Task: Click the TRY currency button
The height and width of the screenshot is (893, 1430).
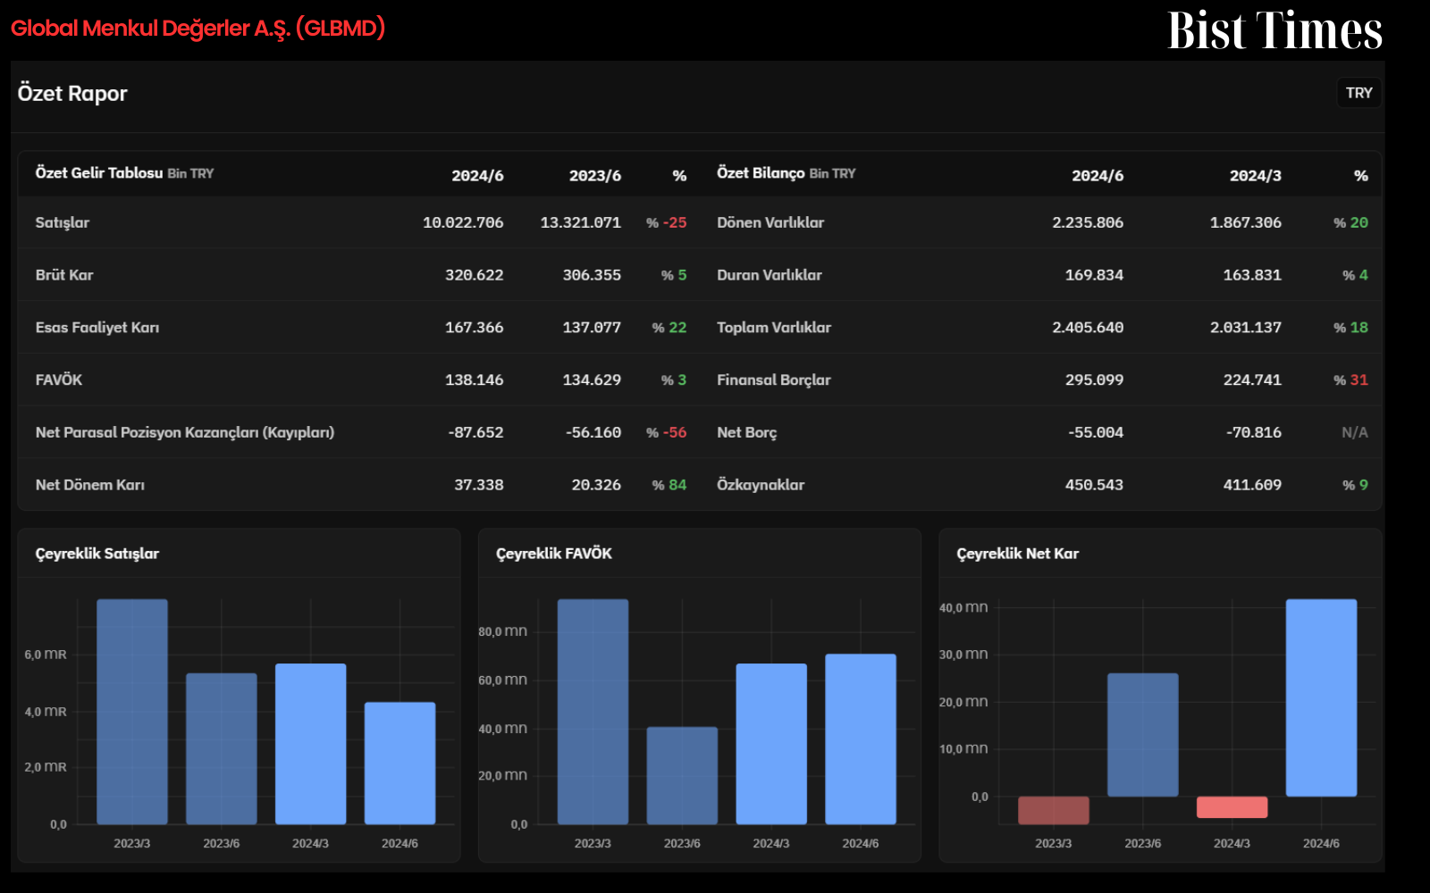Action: coord(1358,93)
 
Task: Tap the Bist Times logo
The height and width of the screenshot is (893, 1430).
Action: coord(1274,30)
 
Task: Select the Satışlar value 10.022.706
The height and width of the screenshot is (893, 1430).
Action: coord(463,222)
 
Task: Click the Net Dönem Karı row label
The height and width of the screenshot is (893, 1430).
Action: coord(90,485)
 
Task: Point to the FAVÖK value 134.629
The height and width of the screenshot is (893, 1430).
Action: coord(591,380)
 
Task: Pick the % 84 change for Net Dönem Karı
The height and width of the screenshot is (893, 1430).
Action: coord(669,485)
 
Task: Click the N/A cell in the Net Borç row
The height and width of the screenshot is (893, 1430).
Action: coord(1355,432)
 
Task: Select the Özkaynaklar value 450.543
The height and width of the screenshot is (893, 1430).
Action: coord(1094,485)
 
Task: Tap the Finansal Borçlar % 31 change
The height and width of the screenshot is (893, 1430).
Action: coord(1350,380)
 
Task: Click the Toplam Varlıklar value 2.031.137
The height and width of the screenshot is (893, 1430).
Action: coord(1246,328)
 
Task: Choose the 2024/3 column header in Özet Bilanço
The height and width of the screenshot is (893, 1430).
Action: coord(1255,175)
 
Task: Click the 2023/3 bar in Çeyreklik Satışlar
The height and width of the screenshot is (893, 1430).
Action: coord(132,712)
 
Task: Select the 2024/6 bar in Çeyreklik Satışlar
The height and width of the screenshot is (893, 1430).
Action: coord(400,764)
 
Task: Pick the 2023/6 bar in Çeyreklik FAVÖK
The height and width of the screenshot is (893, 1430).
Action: coord(682,776)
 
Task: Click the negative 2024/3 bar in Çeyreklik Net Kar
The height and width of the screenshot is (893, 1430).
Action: coord(1232,807)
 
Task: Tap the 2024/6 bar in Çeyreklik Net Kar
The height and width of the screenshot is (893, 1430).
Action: coord(1321,697)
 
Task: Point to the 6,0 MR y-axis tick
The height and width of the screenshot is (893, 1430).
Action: coord(46,655)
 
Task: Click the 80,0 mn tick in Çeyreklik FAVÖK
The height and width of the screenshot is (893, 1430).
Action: coord(502,631)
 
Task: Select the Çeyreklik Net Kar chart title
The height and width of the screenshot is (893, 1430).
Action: coord(1018,554)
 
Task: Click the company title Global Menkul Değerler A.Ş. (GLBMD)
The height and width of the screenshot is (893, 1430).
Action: coord(198,28)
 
